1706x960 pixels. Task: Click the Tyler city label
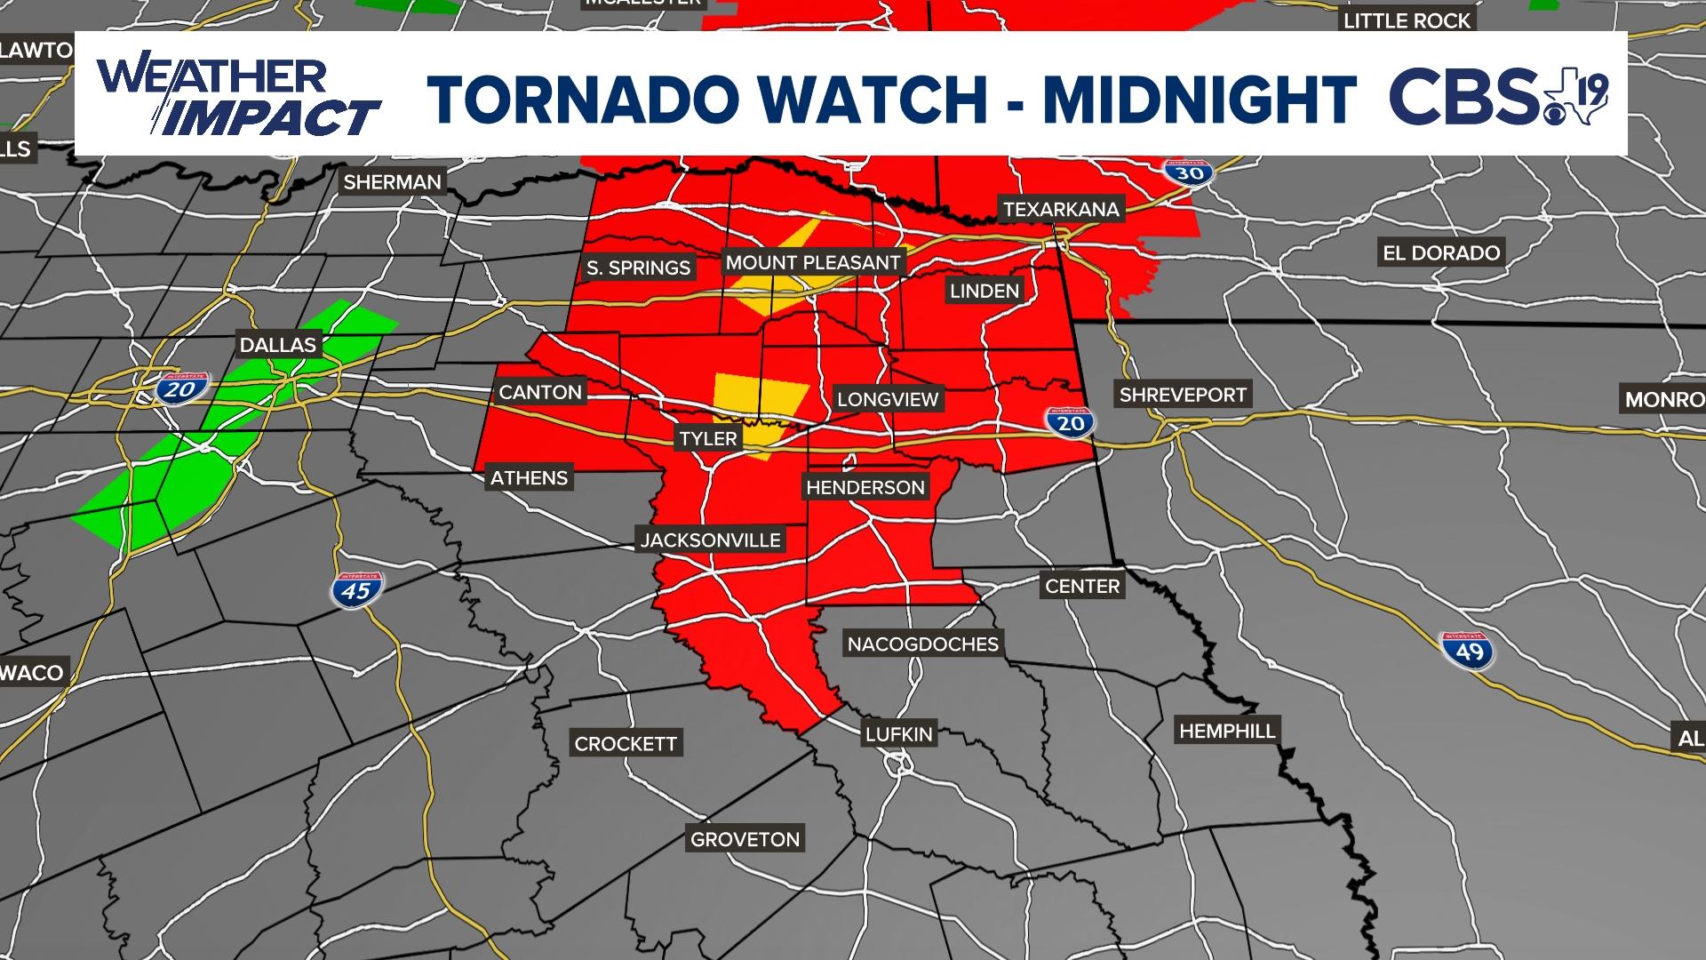[x=708, y=438]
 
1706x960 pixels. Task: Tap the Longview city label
[x=888, y=399]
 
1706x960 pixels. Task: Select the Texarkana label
[x=1061, y=210]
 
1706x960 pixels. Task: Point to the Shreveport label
[x=1183, y=395]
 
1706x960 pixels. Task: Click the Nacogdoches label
[x=922, y=644]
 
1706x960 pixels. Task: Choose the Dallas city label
[x=277, y=345]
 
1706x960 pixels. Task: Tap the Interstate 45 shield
[x=356, y=589]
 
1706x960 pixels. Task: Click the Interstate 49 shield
[x=1469, y=651]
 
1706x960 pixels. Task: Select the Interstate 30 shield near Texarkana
[x=1189, y=172]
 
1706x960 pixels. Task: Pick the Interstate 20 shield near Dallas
[x=182, y=388]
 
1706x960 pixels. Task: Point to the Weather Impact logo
[x=238, y=96]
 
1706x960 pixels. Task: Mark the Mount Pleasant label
[x=813, y=262]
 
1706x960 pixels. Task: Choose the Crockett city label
[x=626, y=743]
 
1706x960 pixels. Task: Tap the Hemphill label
[x=1227, y=731]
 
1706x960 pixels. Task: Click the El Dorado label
[x=1441, y=252]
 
